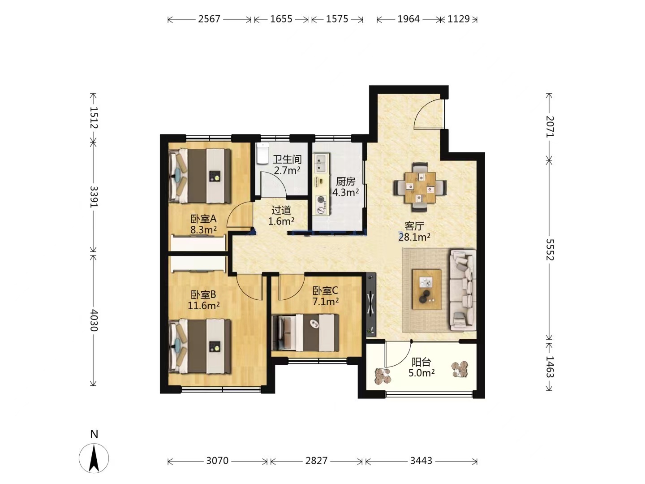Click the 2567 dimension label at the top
[x=209, y=19]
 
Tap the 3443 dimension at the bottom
[x=421, y=460]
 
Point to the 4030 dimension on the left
[x=94, y=320]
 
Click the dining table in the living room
[x=420, y=187]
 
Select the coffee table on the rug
[x=427, y=289]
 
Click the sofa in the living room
[x=463, y=290]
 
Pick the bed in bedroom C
[x=305, y=333]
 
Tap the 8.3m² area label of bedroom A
[x=203, y=229]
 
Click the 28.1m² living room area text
[x=414, y=237]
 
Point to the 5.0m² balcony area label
[x=421, y=372]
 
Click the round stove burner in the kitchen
[x=321, y=200]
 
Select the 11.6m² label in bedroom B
[x=204, y=306]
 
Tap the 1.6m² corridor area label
[x=281, y=221]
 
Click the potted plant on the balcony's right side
[x=460, y=369]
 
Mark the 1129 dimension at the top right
[x=458, y=19]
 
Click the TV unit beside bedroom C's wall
[x=371, y=305]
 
